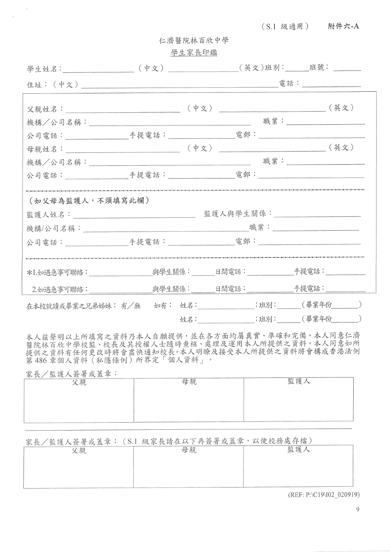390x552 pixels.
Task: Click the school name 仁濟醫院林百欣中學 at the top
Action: point(193,41)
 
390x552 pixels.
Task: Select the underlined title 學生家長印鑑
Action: point(193,52)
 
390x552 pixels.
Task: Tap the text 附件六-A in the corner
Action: point(343,27)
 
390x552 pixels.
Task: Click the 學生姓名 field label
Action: point(43,69)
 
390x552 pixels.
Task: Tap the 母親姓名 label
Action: point(42,149)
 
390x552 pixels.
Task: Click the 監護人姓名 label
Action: point(47,215)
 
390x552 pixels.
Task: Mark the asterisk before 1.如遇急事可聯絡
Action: point(29,273)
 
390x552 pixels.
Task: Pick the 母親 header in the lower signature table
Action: point(188,450)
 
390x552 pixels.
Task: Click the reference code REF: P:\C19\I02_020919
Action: point(324,495)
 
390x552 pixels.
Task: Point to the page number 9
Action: point(358,510)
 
